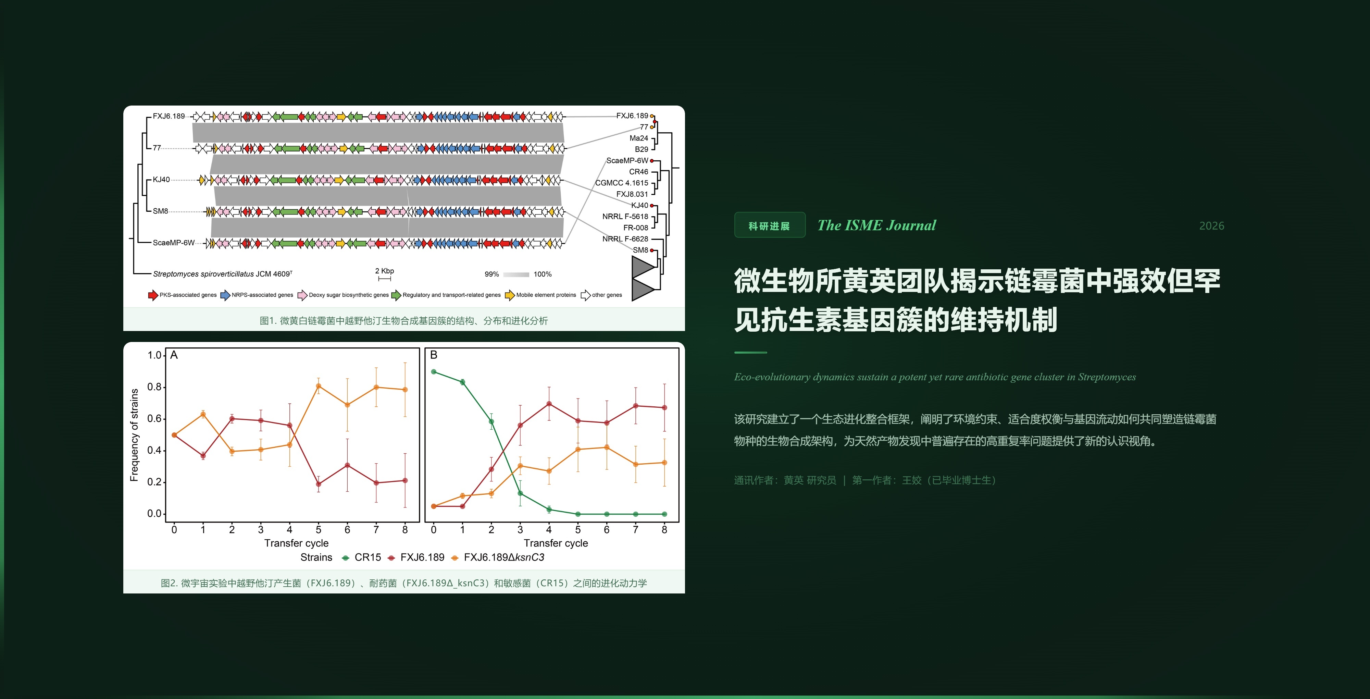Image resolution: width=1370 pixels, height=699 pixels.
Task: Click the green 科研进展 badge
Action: (769, 225)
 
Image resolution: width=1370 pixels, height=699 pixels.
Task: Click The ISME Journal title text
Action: (876, 225)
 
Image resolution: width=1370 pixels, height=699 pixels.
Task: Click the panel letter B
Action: (434, 355)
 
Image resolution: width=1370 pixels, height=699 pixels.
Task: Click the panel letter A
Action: (174, 355)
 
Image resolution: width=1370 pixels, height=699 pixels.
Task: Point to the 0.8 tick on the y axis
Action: (154, 387)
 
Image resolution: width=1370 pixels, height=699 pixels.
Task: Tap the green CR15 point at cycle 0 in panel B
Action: (434, 372)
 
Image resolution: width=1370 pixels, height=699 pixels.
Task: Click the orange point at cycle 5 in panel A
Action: (319, 386)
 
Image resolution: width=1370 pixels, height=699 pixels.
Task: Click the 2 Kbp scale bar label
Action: (385, 271)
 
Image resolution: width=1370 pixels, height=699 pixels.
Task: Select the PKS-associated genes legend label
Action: (188, 295)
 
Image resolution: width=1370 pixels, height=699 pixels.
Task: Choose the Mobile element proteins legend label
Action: (546, 295)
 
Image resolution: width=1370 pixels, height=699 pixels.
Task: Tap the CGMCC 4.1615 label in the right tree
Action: (621, 183)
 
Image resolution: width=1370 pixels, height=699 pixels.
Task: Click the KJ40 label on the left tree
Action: (161, 179)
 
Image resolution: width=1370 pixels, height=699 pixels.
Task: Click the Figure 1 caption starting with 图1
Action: (404, 321)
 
